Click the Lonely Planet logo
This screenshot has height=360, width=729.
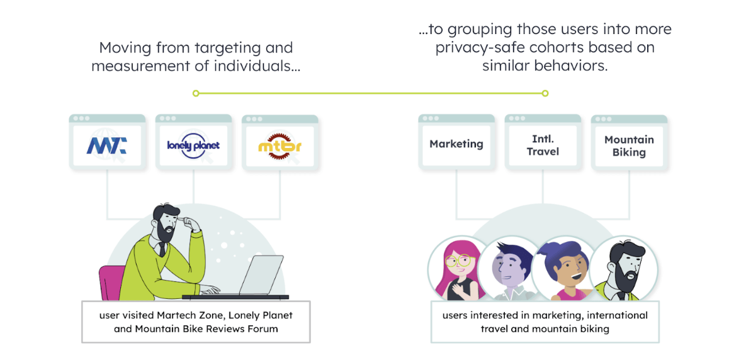point(193,145)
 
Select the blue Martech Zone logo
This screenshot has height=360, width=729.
point(106,146)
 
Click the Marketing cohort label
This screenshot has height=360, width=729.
point(456,144)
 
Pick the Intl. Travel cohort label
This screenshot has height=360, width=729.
point(542,145)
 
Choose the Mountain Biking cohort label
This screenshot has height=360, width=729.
point(629,146)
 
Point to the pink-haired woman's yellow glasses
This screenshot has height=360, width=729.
point(459,259)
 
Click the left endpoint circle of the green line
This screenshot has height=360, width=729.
point(196,93)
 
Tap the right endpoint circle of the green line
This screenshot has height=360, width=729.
point(545,93)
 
